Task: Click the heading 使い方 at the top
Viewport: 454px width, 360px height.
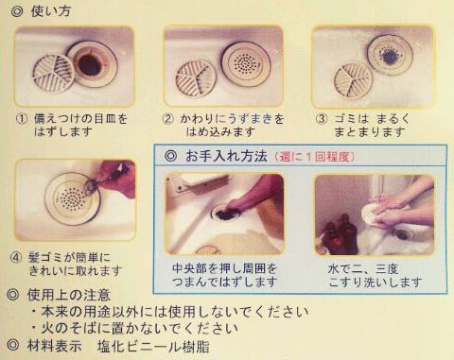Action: [51, 11]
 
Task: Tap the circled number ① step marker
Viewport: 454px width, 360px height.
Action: [22, 119]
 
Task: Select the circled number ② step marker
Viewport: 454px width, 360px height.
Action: [168, 119]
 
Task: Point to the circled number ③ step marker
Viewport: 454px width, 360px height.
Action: [322, 119]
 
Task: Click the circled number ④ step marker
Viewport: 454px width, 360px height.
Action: [16, 258]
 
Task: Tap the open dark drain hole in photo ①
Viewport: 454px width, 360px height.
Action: [89, 64]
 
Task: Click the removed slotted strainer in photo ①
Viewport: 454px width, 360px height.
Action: [54, 75]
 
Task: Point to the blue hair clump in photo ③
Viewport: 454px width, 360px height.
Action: [390, 56]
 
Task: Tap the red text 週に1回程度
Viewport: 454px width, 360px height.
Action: [314, 157]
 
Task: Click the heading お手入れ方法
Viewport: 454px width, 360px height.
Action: [226, 156]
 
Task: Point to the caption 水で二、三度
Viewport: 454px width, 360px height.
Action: [363, 269]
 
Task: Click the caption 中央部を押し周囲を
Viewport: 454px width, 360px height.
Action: [225, 268]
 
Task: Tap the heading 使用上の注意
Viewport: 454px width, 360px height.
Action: [69, 295]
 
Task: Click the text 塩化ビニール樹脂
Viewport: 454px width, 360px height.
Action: [153, 347]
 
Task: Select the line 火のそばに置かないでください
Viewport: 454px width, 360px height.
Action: [140, 328]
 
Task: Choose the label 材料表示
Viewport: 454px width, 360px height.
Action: [54, 346]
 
